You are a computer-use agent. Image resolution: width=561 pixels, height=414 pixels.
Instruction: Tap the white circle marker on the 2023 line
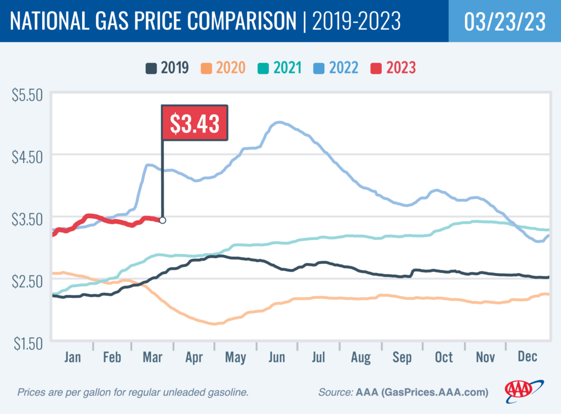click(162, 220)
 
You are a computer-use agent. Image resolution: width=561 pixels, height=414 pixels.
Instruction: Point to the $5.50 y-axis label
click(27, 94)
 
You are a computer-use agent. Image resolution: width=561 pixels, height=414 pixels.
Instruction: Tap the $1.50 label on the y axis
click(27, 344)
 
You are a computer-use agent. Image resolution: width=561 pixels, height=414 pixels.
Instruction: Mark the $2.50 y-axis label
click(27, 281)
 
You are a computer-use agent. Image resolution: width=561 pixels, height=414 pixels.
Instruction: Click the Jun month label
click(277, 358)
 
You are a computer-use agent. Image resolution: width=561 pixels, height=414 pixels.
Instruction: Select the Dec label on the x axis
click(528, 358)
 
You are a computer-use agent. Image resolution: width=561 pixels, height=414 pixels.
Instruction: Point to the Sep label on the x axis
click(402, 358)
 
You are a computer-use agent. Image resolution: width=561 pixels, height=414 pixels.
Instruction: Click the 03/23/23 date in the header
click(504, 21)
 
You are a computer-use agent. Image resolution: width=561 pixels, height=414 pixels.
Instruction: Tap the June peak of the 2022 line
click(279, 122)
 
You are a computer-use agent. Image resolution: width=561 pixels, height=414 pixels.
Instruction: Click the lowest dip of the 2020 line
click(214, 324)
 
